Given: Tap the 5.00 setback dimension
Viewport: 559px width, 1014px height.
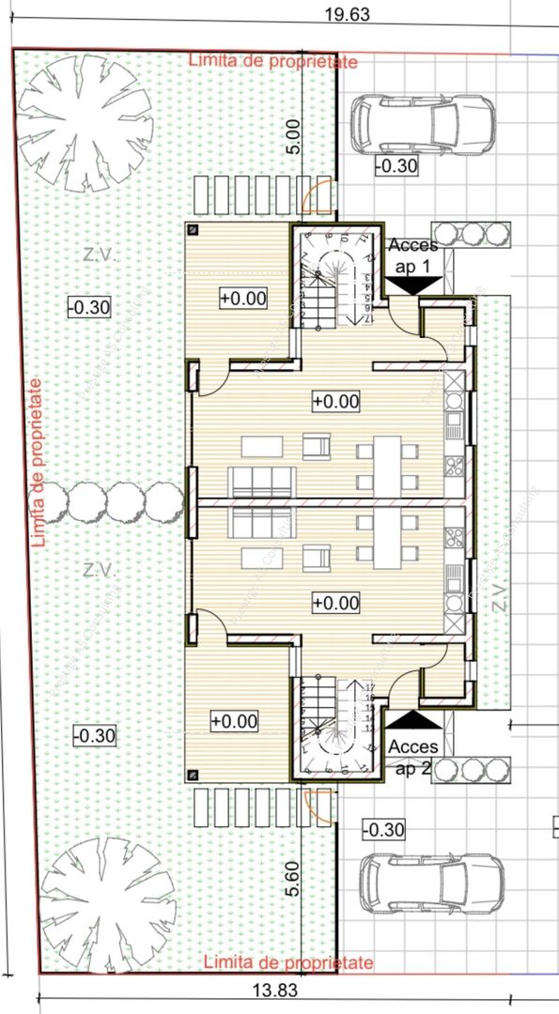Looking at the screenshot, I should (293, 137).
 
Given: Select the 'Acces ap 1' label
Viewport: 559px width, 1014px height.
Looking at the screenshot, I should (411, 255).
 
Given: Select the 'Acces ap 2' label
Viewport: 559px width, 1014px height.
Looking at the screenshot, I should (411, 755).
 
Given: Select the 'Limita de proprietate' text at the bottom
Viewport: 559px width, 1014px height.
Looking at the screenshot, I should (287, 963).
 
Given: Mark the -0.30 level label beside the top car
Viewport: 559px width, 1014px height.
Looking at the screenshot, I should (395, 166).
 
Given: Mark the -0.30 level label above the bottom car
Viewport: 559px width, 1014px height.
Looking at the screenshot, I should (382, 829).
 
